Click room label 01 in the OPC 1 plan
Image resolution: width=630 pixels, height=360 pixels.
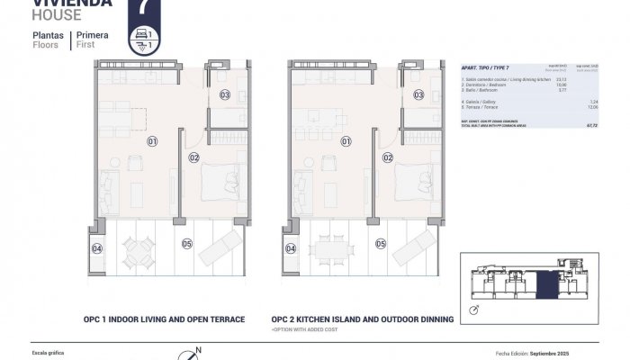[152, 141]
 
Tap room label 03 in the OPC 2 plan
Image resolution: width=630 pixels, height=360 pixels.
[418, 94]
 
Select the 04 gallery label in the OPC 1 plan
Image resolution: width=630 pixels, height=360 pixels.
[97, 248]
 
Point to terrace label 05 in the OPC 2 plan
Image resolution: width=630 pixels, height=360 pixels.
[381, 243]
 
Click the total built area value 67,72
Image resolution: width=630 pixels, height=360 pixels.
[591, 127]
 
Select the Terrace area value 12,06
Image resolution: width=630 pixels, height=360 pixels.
[592, 107]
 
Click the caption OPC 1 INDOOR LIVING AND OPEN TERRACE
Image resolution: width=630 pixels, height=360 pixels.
[164, 319]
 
